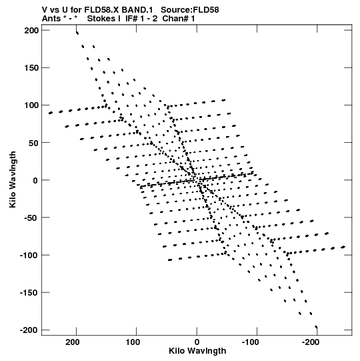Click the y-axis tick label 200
click(x=31, y=31)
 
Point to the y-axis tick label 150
click(x=31, y=68)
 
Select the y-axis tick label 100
click(x=31, y=105)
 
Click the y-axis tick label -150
click(x=29, y=293)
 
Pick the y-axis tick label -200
click(x=29, y=330)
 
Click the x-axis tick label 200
click(x=73, y=342)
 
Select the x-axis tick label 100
click(x=133, y=342)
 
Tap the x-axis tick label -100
click(x=250, y=342)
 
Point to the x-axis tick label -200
click(x=311, y=342)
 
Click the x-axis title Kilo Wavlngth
click(x=197, y=351)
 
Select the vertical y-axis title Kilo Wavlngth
click(x=13, y=179)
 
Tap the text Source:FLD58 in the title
click(x=190, y=10)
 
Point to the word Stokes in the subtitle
click(x=101, y=19)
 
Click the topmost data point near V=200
click(x=77, y=33)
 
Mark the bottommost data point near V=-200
click(x=316, y=327)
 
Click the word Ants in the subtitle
click(x=51, y=19)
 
